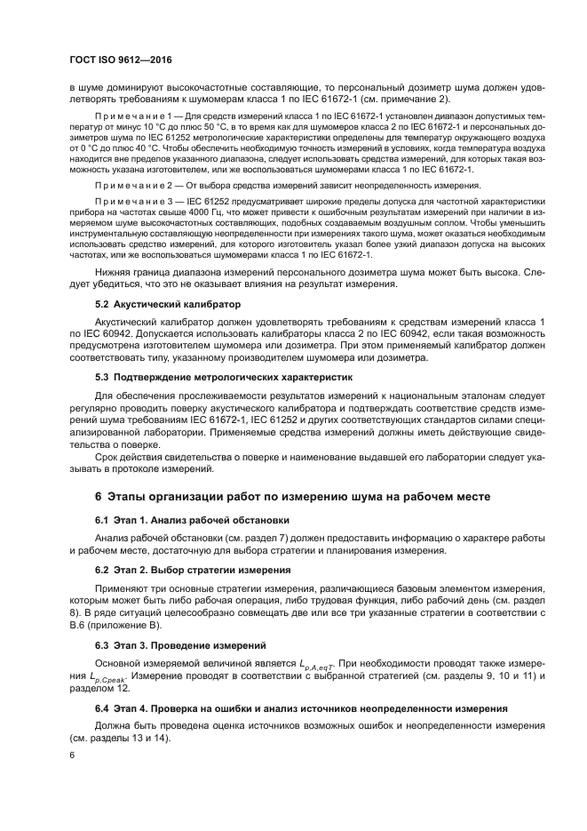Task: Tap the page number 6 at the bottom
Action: [x=72, y=754]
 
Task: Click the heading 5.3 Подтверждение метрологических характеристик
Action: [x=224, y=377]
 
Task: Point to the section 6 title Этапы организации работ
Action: [x=293, y=494]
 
